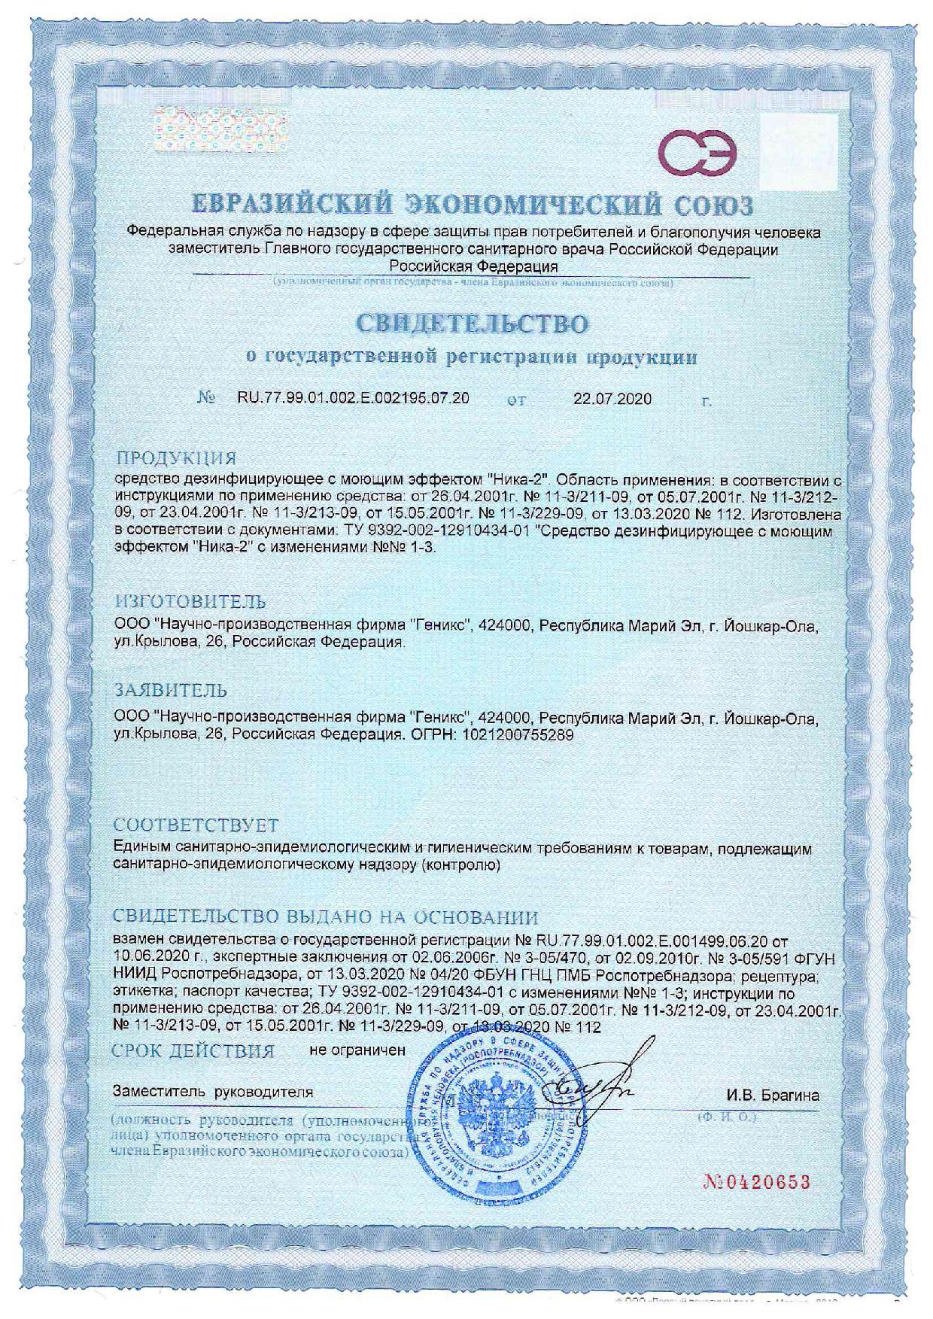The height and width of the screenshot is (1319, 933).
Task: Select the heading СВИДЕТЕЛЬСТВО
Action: [x=471, y=324]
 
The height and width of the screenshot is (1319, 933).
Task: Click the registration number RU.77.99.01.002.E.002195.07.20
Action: [x=353, y=398]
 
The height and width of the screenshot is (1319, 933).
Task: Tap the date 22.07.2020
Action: [x=612, y=399]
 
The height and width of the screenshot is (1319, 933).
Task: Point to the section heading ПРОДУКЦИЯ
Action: [x=175, y=458]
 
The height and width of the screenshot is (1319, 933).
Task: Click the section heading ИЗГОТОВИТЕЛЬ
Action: [x=190, y=601]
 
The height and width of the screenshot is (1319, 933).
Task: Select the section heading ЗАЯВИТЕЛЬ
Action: [x=170, y=689]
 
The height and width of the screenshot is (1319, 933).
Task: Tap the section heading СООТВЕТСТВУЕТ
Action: [x=196, y=825]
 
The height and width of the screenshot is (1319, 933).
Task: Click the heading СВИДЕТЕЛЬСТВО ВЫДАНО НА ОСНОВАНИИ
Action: [x=325, y=917]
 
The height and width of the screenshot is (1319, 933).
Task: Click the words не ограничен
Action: [x=357, y=1049]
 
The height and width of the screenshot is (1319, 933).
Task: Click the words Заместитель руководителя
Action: [x=212, y=1091]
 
